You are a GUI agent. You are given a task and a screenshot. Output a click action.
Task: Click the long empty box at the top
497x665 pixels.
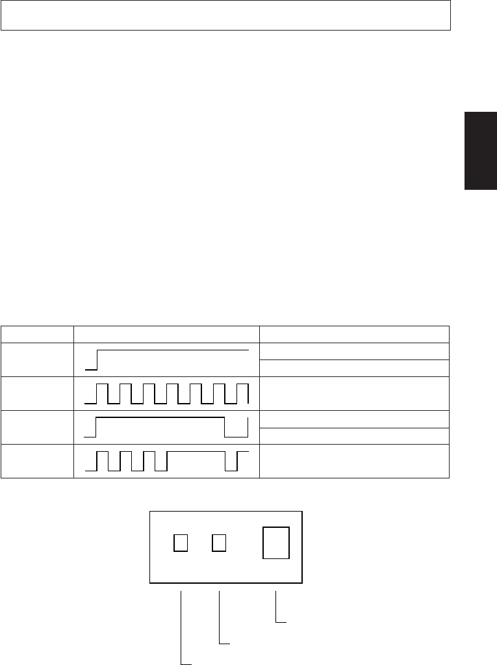point(225,16)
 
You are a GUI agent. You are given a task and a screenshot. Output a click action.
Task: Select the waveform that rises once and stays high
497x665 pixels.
point(166,358)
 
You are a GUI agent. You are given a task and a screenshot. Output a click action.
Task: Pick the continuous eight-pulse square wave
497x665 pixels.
point(166,393)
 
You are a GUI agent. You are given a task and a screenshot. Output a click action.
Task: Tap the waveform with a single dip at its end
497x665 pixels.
point(166,427)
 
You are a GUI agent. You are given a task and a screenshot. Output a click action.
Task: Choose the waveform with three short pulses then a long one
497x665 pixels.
point(166,461)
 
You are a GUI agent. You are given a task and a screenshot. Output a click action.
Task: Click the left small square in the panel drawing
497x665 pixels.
point(181,541)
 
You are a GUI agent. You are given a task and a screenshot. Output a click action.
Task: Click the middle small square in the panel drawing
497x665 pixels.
point(220,541)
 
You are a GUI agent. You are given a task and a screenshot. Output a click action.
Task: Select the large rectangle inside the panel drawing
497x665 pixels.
point(275,542)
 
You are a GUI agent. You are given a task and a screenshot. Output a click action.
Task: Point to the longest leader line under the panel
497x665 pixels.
point(181,627)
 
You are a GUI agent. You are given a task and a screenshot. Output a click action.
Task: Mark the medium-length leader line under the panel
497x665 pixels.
point(220,618)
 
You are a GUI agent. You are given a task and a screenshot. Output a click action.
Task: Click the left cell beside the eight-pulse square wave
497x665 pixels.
point(37,393)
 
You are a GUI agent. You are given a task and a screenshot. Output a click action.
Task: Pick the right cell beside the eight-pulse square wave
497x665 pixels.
point(354,393)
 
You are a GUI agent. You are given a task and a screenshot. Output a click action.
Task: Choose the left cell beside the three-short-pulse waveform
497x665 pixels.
point(37,461)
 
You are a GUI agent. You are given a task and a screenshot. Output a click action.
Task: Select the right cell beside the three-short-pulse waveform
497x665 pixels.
point(354,461)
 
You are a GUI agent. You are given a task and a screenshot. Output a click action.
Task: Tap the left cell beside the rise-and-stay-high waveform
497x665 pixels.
point(37,359)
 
